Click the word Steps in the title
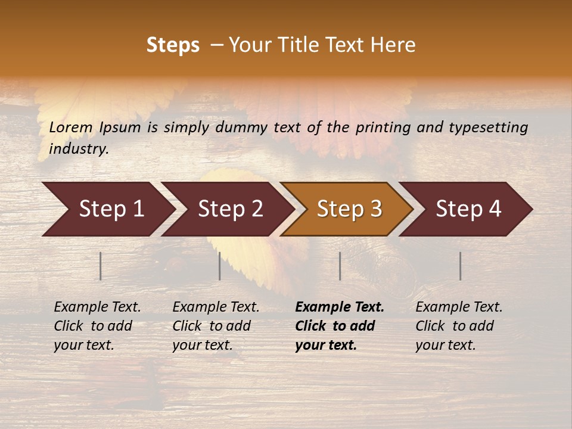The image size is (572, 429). [173, 45]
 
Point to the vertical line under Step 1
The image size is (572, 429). [100, 266]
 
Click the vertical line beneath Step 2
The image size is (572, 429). [219, 266]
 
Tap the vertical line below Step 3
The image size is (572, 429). [340, 266]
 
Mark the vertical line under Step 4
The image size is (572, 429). [460, 266]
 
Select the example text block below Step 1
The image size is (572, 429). [97, 325]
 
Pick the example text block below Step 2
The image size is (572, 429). [216, 325]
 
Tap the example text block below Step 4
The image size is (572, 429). [459, 325]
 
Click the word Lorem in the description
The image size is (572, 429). [70, 128]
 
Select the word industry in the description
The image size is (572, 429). [79, 149]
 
